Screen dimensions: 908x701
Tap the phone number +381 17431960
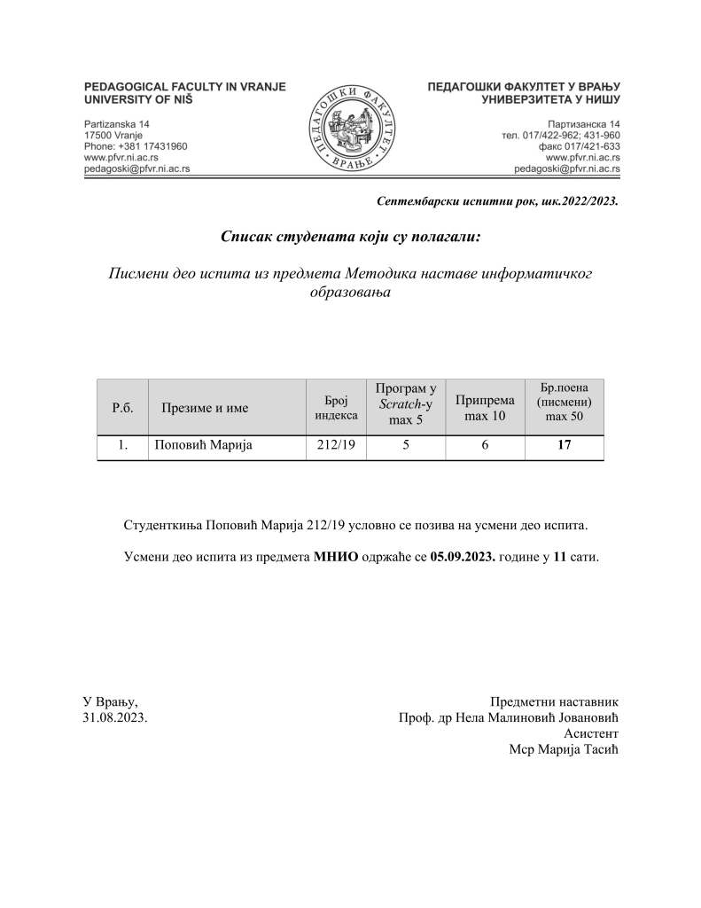click(x=135, y=145)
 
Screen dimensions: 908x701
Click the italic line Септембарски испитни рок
click(x=497, y=201)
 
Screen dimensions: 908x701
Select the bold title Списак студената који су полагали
click(x=350, y=237)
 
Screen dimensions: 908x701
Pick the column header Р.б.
click(x=122, y=408)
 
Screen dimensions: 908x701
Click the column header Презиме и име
click(x=205, y=408)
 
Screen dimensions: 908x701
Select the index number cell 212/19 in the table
click(x=336, y=447)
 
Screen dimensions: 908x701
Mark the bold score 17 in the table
click(x=564, y=447)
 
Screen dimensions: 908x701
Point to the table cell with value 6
click(x=485, y=447)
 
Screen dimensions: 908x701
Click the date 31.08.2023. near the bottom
click(x=115, y=716)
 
